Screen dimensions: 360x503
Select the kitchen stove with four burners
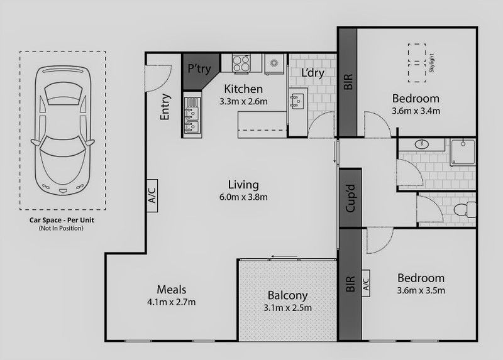pyautogui.click(x=241, y=62)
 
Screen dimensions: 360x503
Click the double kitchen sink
pyautogui.click(x=193, y=114)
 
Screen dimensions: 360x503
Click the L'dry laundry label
pyautogui.click(x=312, y=73)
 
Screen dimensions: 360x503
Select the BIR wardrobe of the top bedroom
pyautogui.click(x=348, y=82)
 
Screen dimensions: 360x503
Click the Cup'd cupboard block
pyautogui.click(x=350, y=198)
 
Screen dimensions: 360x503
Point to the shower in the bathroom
pyautogui.click(x=462, y=153)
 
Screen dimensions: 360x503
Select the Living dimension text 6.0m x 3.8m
pyautogui.click(x=243, y=197)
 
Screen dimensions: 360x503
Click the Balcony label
pyautogui.click(x=287, y=295)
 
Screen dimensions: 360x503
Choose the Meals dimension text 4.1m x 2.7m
pyautogui.click(x=171, y=302)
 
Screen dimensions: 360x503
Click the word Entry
pyautogui.click(x=165, y=107)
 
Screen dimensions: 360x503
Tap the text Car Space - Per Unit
pyautogui.click(x=62, y=221)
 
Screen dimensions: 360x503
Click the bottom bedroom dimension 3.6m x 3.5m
pyautogui.click(x=421, y=290)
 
